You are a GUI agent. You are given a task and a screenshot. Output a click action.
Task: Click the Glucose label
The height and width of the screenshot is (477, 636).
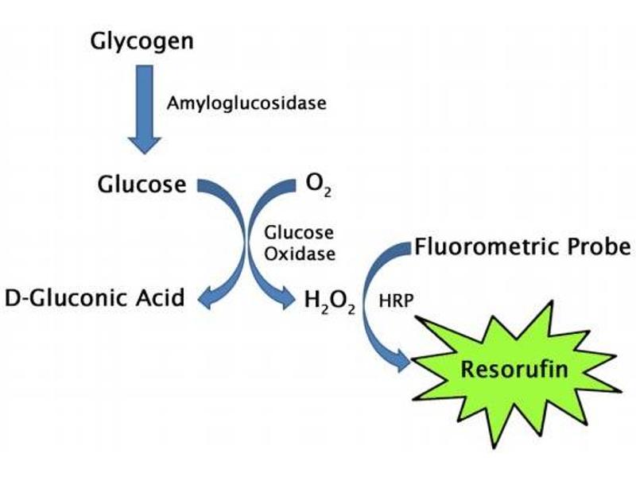pos(142,184)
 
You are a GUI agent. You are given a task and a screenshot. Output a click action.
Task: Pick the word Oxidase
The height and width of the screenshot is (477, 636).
pos(298,255)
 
